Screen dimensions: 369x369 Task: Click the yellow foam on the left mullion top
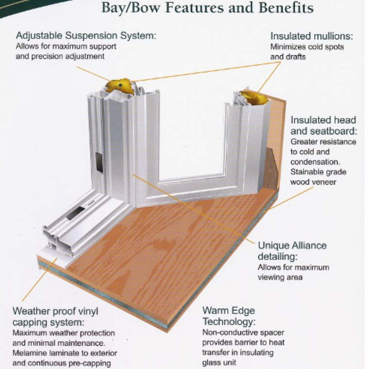coord(120,87)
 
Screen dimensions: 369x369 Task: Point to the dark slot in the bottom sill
coord(75,212)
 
